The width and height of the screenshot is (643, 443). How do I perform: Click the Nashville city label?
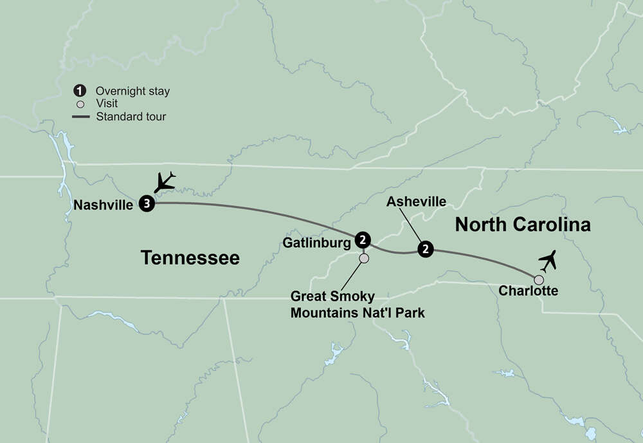pos(104,205)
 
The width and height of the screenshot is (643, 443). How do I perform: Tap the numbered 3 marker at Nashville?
pos(147,204)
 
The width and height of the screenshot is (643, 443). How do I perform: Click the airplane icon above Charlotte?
pos(548,261)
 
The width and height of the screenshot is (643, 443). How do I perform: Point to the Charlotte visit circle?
pos(539,280)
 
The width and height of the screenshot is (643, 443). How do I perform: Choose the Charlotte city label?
pos(528,291)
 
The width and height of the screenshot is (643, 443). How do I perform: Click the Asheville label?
pos(416,202)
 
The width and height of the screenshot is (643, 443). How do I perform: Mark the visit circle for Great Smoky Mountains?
pos(364,258)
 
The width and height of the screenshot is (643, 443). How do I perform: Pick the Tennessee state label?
pos(190,258)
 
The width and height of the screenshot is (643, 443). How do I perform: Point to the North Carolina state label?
pos(522,225)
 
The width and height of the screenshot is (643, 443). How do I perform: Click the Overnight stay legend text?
pos(132,91)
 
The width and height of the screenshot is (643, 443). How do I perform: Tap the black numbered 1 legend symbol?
pos(80,91)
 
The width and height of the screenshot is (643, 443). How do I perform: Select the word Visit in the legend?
pos(107,104)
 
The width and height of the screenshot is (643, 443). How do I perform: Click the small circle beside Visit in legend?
pos(80,104)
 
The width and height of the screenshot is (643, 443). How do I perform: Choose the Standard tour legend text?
pos(131,117)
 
